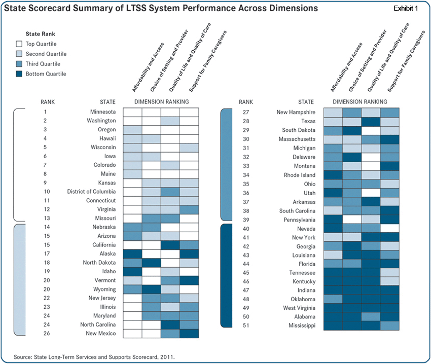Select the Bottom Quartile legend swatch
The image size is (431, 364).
(x=20, y=74)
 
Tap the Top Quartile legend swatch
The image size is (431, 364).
(x=20, y=44)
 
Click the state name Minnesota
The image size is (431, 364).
(x=103, y=112)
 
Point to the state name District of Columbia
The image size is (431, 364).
(x=91, y=192)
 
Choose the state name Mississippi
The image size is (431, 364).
(x=302, y=325)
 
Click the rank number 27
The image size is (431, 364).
(x=246, y=112)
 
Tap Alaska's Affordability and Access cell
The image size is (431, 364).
(x=132, y=254)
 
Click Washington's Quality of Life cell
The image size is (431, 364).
(x=170, y=121)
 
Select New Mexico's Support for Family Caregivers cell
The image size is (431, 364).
(x=189, y=334)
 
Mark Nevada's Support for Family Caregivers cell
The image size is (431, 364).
(x=390, y=229)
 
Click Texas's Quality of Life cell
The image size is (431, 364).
(x=371, y=121)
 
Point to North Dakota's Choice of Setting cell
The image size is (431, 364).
(x=151, y=263)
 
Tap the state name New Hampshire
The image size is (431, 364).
(x=296, y=112)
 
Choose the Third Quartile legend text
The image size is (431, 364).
(x=43, y=64)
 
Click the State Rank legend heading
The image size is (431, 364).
(x=40, y=34)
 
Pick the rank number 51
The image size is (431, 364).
(x=246, y=325)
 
